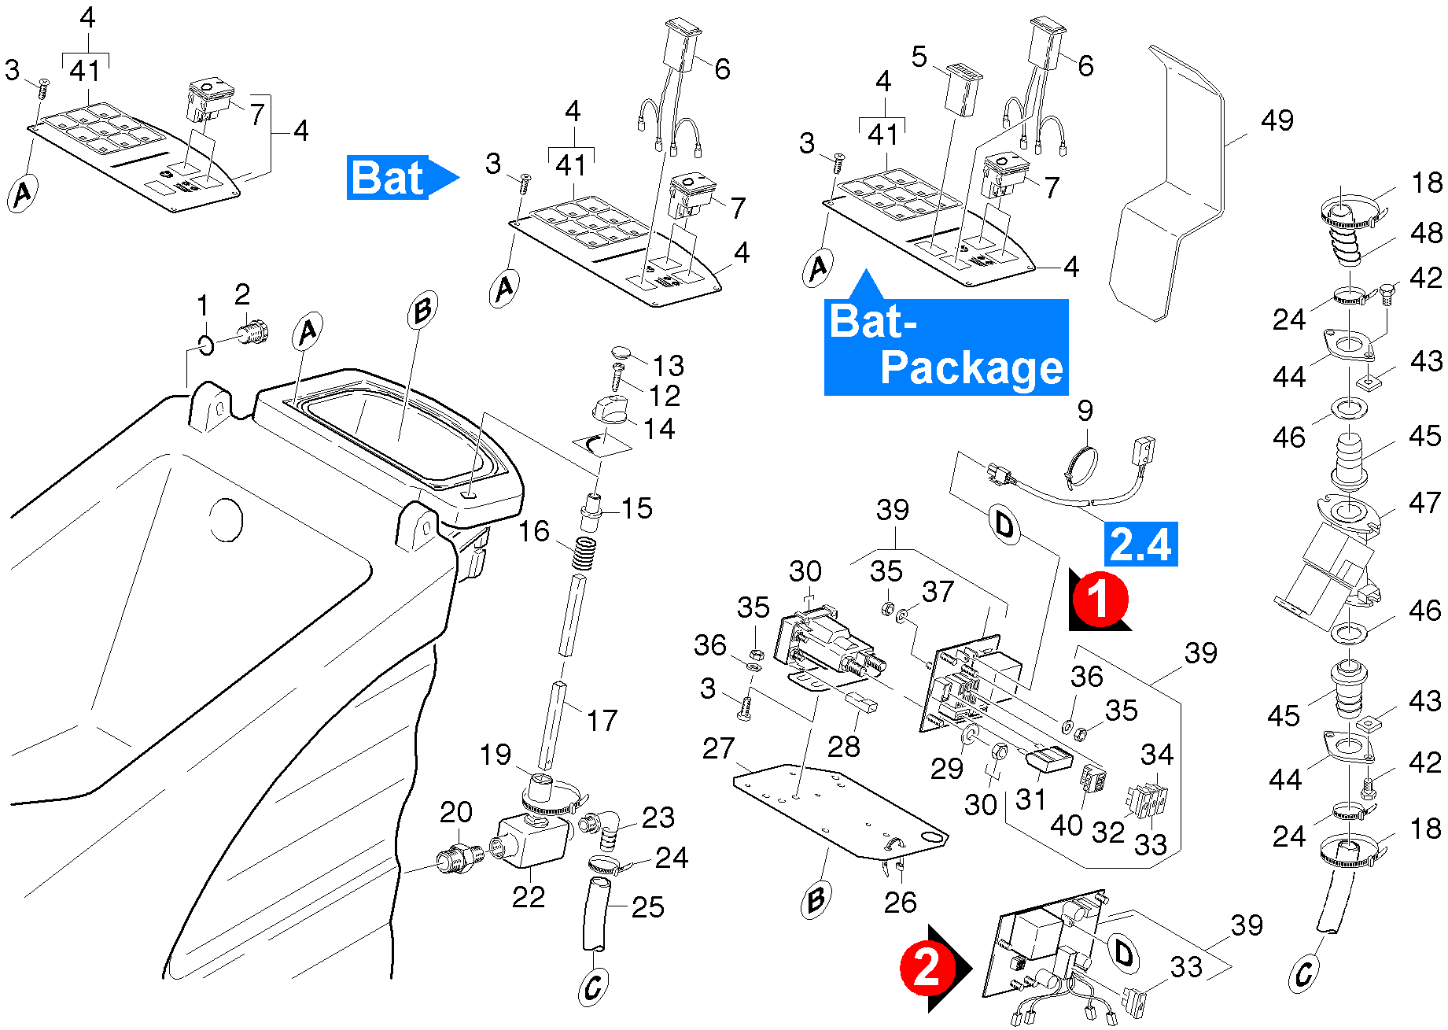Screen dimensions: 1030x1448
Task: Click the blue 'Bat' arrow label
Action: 397,178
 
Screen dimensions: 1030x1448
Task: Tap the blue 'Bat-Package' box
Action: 945,347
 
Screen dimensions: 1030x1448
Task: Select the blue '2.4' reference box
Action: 1140,544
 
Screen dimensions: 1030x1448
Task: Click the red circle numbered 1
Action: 1100,599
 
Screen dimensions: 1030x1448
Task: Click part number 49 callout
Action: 1277,120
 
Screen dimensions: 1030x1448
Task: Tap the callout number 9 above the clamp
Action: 1085,411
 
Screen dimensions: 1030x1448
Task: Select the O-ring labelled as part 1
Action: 205,345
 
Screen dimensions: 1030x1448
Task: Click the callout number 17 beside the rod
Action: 602,720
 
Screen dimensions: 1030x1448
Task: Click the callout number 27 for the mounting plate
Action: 718,748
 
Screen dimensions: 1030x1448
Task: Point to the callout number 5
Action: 919,57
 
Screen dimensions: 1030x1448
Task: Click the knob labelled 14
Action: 610,410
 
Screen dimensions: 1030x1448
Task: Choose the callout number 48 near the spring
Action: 1426,233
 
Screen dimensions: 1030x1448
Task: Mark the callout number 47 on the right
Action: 1425,502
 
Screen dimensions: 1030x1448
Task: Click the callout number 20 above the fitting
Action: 456,812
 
